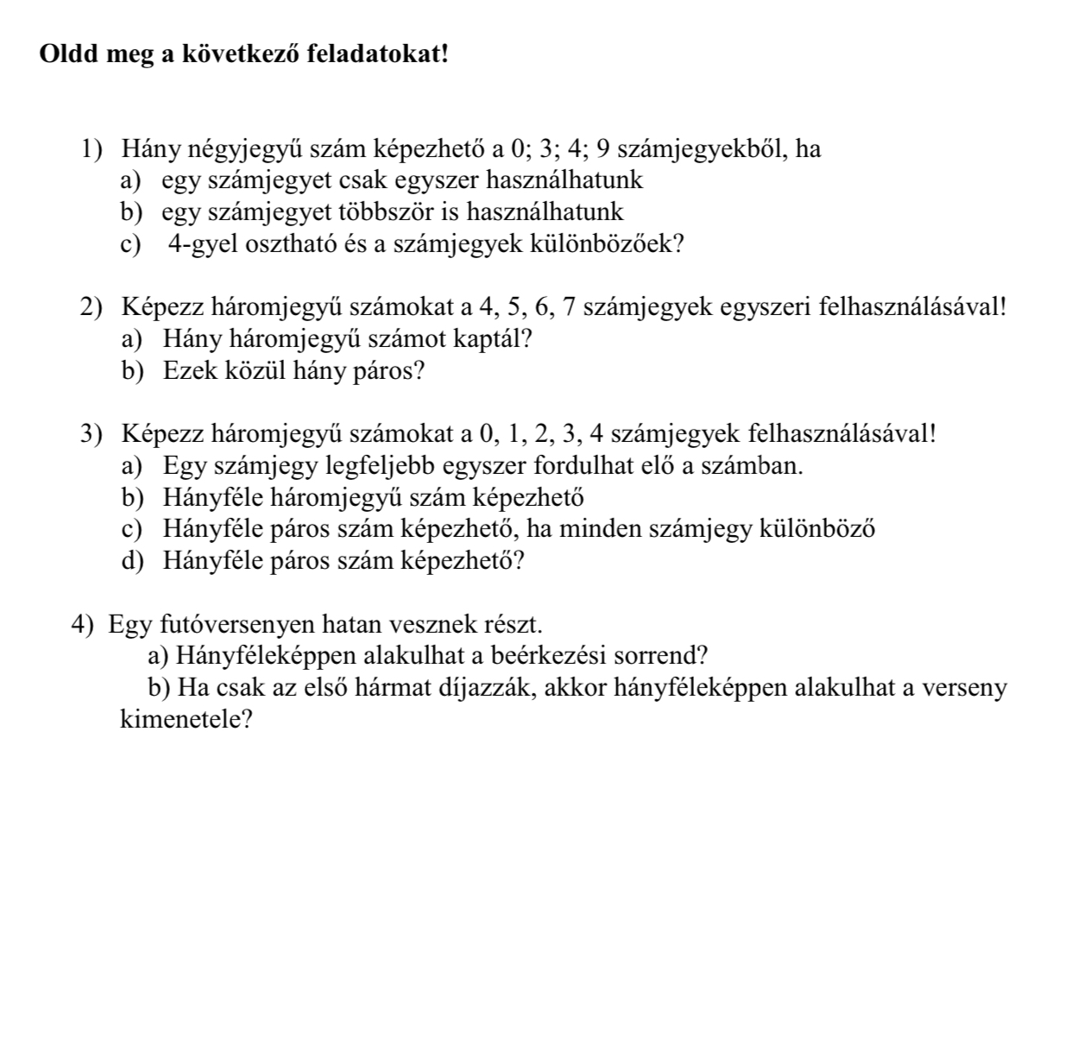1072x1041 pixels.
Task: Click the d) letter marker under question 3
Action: [x=131, y=561]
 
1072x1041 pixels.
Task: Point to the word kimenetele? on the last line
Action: [x=186, y=719]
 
